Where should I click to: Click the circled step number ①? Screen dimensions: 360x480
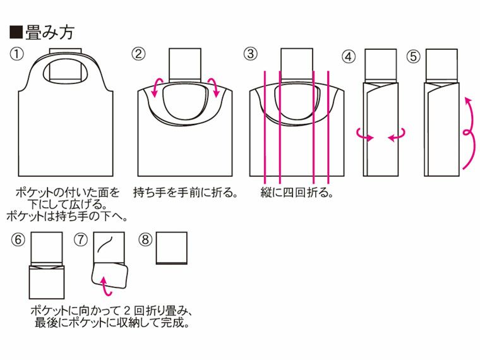[18, 54]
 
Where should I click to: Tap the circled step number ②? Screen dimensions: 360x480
[138, 54]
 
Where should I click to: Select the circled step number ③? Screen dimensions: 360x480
[251, 54]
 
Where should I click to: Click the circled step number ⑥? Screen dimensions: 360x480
[18, 240]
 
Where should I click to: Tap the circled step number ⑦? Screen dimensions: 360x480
[80, 240]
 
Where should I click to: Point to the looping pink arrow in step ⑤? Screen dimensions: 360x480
[467, 133]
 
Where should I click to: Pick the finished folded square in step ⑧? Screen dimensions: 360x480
[172, 249]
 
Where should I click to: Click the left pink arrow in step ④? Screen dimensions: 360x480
[362, 134]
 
